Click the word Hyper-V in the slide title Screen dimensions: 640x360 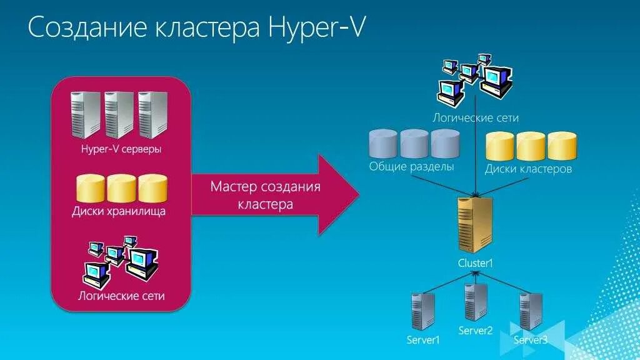(316, 29)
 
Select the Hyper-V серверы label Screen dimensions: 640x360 (121, 149)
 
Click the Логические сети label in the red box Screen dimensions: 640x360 (121, 295)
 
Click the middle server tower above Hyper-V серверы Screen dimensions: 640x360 (119, 114)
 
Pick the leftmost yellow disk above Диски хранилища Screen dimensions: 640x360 (90, 188)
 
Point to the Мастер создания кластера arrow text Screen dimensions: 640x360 (265, 195)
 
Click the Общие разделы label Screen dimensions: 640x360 (411, 167)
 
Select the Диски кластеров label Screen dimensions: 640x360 (528, 169)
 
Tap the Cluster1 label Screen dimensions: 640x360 (476, 263)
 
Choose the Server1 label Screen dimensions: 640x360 (423, 341)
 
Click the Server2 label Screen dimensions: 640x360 (476, 331)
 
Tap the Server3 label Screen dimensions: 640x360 (531, 340)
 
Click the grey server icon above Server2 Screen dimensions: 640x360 (476, 302)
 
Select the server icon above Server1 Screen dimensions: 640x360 (422, 311)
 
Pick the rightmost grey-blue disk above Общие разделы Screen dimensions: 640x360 (445, 144)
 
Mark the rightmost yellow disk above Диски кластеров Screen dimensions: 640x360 (562, 146)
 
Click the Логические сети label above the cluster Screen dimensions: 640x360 (476, 117)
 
